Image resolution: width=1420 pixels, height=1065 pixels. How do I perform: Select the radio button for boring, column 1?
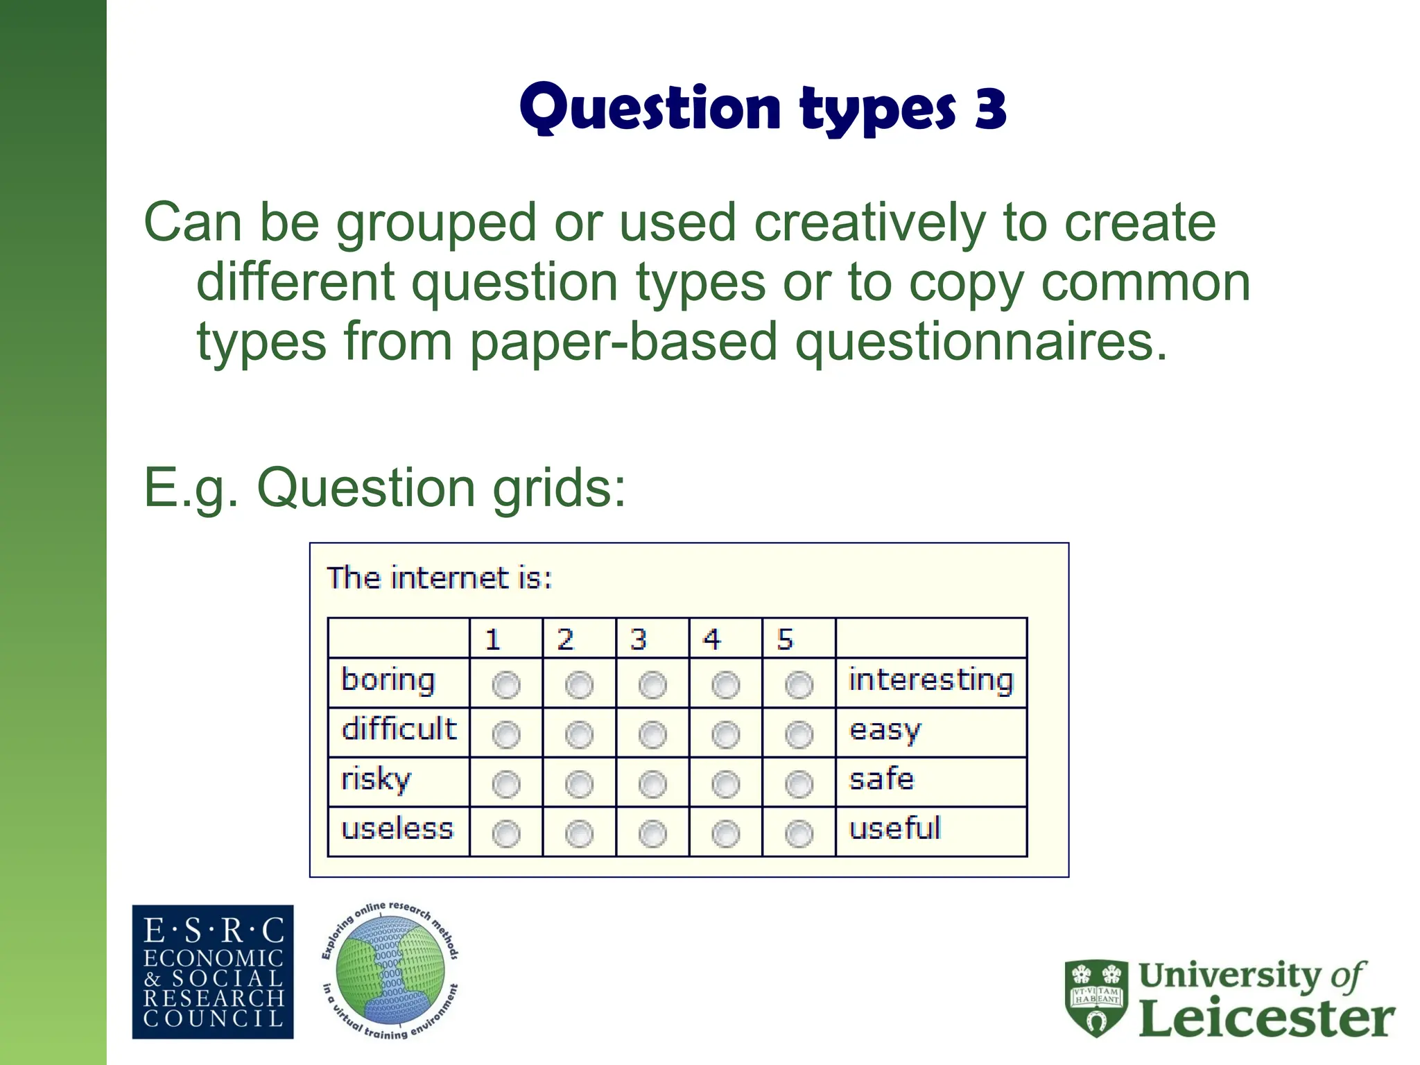pos(505,685)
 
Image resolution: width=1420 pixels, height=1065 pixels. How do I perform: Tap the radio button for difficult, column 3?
pos(652,734)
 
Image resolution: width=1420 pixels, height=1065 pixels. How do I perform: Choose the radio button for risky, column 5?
pos(799,784)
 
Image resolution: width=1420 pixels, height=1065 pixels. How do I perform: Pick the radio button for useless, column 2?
pos(579,833)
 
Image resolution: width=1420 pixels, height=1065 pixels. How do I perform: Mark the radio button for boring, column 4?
pos(725,685)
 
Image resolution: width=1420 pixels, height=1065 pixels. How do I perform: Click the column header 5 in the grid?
pos(785,639)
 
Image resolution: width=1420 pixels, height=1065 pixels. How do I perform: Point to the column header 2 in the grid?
pos(565,639)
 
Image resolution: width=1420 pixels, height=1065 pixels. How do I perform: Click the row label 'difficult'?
pos(399,729)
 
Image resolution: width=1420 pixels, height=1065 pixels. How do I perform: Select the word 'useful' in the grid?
pos(894,829)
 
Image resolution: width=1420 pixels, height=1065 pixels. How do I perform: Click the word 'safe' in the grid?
pos(881,779)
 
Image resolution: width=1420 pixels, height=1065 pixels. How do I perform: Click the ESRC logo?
pos(213,971)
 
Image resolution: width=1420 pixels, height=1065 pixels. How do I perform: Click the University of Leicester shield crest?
pos(1096,998)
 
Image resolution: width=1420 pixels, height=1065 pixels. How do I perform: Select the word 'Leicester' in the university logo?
pos(1266,1018)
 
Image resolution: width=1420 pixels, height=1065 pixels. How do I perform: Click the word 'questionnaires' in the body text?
pos(980,343)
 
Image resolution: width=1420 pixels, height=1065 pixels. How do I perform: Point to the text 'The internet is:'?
pos(440,578)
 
